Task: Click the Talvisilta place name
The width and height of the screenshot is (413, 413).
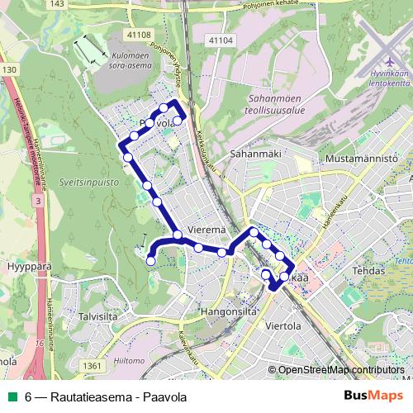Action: [110, 316]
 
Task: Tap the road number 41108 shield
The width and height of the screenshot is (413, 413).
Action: [138, 34]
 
